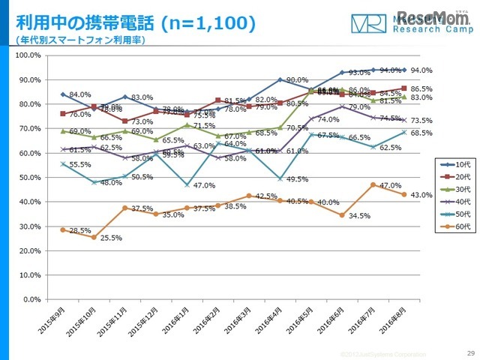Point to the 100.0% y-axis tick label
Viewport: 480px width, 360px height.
click(x=28, y=55)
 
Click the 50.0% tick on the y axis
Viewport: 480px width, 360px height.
click(x=30, y=177)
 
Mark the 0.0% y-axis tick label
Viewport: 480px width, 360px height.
click(x=32, y=299)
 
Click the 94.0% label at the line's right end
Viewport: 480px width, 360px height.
click(x=421, y=70)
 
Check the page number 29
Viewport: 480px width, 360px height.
click(x=470, y=353)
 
